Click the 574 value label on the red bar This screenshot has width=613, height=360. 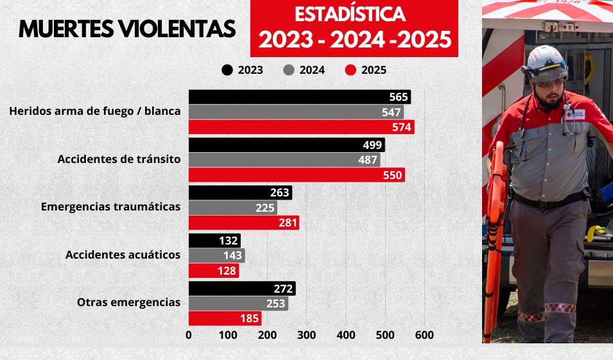402,127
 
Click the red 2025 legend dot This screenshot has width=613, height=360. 350,71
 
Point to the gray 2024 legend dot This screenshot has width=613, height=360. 288,71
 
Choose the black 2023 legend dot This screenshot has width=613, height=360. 227,71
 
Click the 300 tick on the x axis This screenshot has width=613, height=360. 307,335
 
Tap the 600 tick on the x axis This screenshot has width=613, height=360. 424,335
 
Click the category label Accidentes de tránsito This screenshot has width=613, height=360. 119,159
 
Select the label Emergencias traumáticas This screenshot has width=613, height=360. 110,207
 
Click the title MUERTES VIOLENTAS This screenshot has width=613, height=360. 127,29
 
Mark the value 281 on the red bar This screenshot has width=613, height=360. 286,223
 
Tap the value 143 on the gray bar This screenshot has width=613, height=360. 232,255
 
